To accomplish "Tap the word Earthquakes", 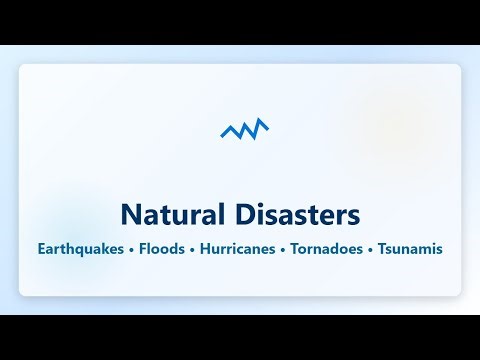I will (x=82, y=247).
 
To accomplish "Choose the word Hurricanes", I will (x=239, y=247).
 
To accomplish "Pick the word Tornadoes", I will (x=327, y=247).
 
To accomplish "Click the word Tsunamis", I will (x=410, y=247).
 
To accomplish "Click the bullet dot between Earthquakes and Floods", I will (x=133, y=248).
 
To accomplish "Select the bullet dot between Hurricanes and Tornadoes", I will (x=283, y=248).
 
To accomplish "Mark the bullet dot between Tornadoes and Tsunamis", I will (x=371, y=248).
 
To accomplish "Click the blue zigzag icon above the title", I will (x=245, y=129).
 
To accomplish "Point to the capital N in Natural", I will (x=130, y=214).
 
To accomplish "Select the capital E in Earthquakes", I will (x=42, y=247).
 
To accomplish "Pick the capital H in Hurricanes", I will (x=205, y=247).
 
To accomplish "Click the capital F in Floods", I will (x=144, y=247).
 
